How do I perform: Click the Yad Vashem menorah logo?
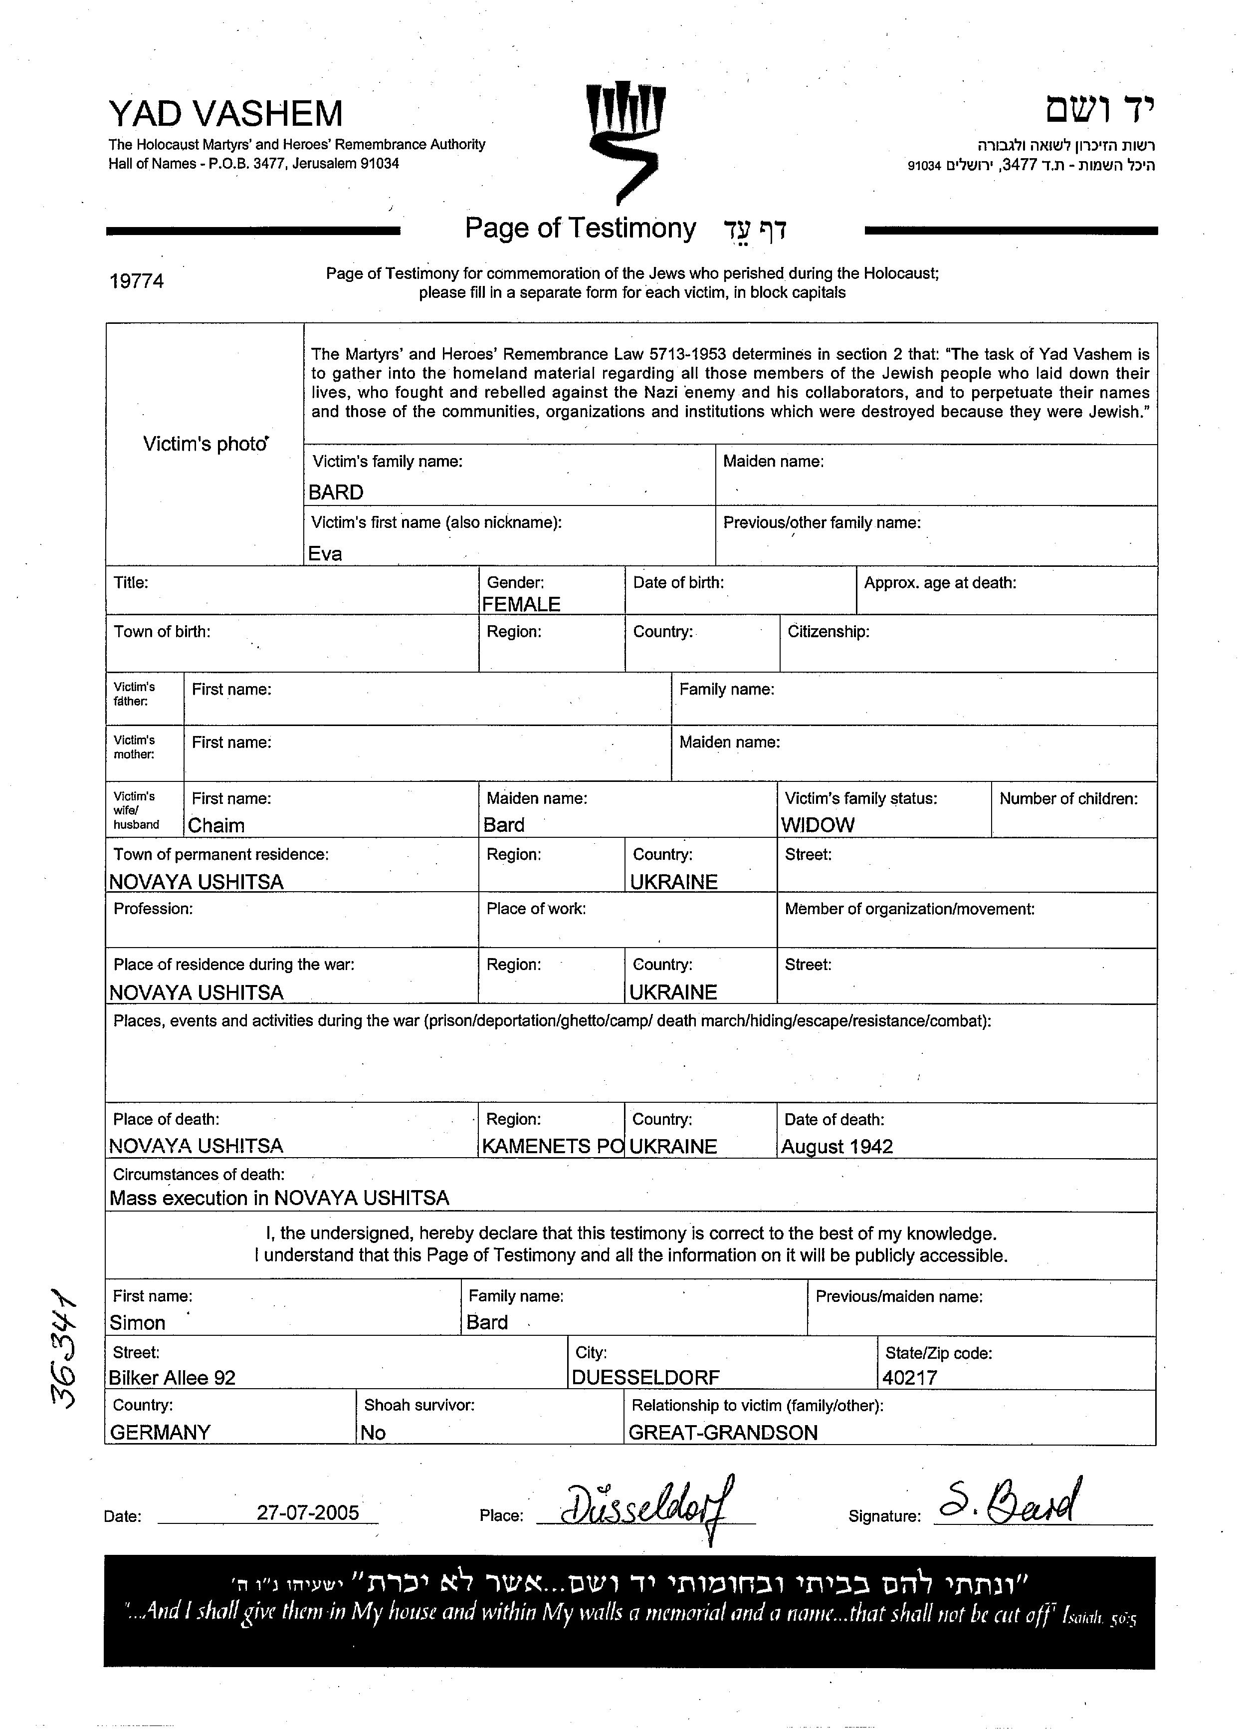coord(625,141)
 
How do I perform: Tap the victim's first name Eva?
coord(325,553)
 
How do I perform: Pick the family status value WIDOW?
coord(818,825)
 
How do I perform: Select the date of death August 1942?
coord(836,1147)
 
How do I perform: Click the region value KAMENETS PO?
coord(552,1147)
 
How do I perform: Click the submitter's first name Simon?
coord(137,1323)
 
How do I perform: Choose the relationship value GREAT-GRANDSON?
coord(722,1433)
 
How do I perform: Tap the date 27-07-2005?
coord(308,1512)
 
